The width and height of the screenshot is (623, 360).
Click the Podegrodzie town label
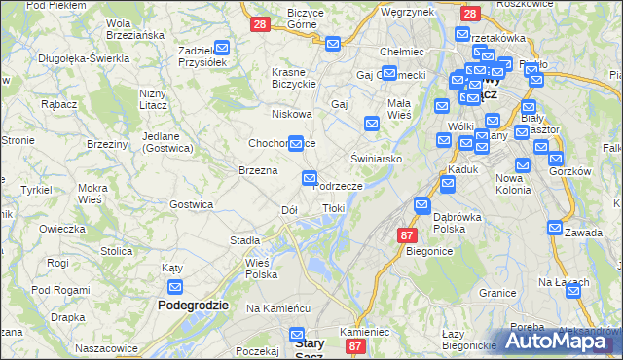[193, 305]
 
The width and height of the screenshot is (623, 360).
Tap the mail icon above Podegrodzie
[175, 287]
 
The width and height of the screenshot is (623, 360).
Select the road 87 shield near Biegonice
[408, 235]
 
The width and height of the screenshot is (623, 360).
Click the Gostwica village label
[191, 204]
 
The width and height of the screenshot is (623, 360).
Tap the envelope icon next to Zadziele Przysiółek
[222, 47]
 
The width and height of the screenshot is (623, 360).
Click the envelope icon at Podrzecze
[310, 178]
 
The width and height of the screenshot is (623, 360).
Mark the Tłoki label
[334, 208]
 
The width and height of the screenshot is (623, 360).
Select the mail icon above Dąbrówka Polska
[421, 205]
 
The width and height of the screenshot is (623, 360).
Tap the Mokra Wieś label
[93, 193]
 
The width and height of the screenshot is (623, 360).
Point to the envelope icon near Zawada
[555, 228]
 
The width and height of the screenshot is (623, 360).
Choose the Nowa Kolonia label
[513, 184]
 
